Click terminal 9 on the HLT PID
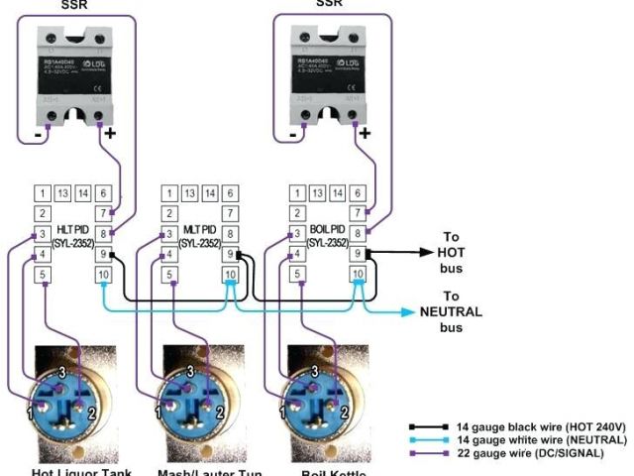tap(102, 254)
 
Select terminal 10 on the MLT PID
tap(230, 275)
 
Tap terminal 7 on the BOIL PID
tap(358, 213)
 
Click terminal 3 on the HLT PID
tap(43, 234)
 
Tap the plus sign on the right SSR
tap(365, 132)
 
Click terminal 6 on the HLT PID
tap(102, 193)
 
